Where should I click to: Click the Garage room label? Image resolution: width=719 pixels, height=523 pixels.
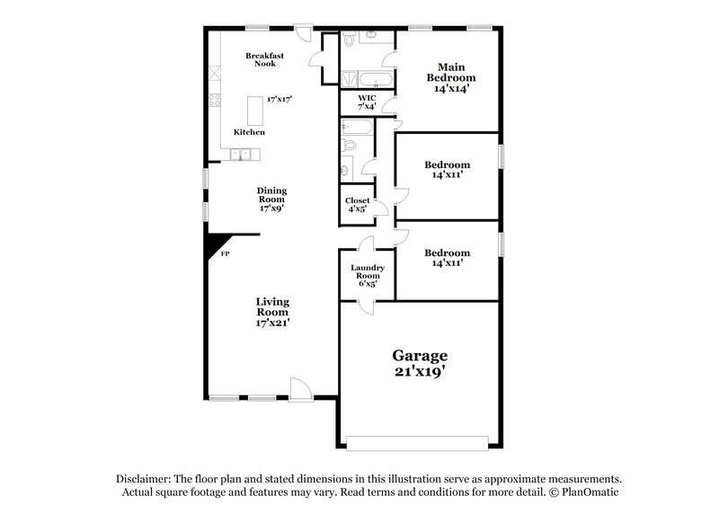418,356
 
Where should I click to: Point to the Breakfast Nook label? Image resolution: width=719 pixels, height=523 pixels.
265,60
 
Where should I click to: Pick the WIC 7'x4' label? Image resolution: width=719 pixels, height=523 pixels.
367,102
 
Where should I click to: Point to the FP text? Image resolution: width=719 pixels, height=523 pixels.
225,256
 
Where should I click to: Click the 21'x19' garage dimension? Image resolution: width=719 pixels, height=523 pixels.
418,371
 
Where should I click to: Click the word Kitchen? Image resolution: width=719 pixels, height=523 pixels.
249,132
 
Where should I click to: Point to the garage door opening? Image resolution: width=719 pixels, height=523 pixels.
418,441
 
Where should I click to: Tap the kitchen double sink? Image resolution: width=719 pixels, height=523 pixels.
240,155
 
